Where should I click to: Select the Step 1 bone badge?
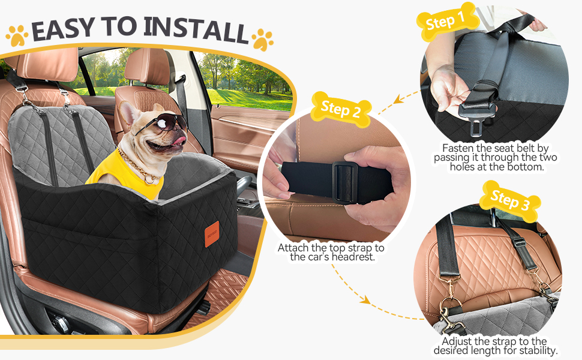coord(446,22)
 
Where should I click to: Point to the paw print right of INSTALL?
coord(262,40)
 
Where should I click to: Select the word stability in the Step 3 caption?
coord(537,350)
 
